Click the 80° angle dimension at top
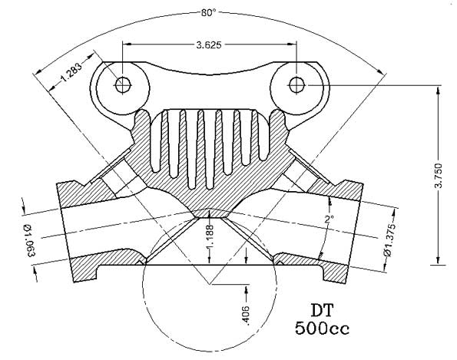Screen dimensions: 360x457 tap(207, 12)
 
